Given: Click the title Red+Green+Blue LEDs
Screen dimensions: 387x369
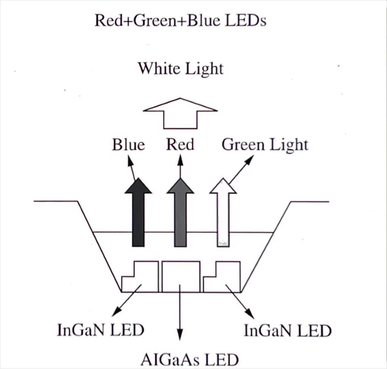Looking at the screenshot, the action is (x=180, y=20).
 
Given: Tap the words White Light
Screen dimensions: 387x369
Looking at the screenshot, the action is (x=180, y=69).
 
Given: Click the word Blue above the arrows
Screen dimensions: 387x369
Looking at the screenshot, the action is (x=128, y=144).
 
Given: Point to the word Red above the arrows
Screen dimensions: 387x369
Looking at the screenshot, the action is (x=180, y=144).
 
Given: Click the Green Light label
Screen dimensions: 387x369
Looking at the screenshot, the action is (x=265, y=145).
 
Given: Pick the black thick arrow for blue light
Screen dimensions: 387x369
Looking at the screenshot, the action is (x=138, y=212).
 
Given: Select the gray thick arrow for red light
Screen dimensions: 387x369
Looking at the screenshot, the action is (x=180, y=212).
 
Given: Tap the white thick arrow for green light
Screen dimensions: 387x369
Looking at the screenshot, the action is (x=223, y=212).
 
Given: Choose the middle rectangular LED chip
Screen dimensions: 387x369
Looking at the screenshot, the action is (x=181, y=267).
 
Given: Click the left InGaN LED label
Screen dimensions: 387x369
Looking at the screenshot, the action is (x=101, y=330).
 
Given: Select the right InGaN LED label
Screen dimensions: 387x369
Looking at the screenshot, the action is (x=288, y=330).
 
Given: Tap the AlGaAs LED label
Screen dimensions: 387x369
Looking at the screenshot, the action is (x=190, y=360).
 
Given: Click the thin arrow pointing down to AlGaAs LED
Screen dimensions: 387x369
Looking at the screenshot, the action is (x=180, y=313).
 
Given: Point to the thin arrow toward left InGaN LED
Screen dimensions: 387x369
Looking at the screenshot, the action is (x=127, y=300).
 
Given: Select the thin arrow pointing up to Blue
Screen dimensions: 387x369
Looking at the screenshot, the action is (x=132, y=168).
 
